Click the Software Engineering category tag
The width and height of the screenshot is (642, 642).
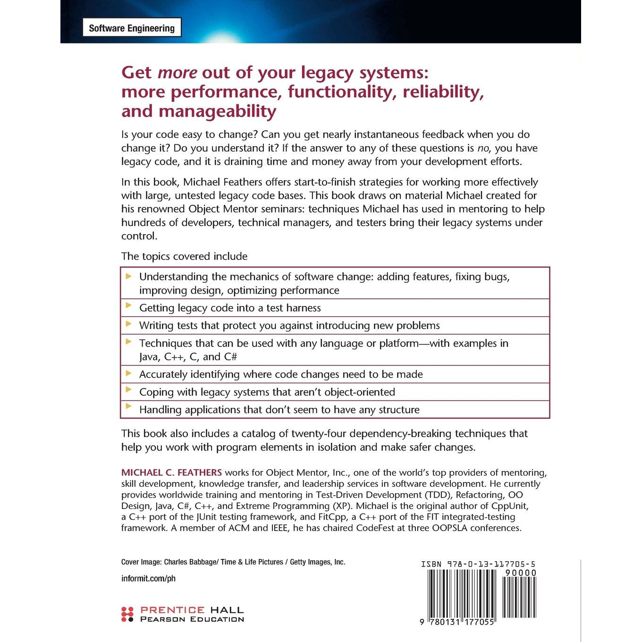132,28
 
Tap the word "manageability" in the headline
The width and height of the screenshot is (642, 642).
222,111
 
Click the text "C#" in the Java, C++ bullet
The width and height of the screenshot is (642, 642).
230,357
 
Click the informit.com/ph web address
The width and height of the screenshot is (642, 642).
148,579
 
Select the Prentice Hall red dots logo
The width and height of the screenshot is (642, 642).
127,614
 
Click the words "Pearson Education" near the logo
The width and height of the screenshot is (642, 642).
192,619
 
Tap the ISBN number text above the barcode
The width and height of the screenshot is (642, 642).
478,564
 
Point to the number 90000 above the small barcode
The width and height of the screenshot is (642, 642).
520,573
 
